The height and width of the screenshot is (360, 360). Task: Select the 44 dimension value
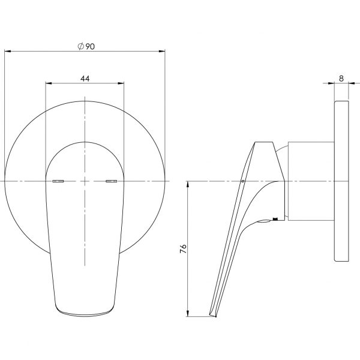tap(85, 79)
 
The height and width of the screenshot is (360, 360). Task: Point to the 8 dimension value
tap(341, 77)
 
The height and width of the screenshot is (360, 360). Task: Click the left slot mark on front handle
tap(58, 181)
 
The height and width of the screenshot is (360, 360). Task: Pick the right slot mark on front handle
tap(112, 181)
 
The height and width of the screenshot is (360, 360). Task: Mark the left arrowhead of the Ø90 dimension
tap(7, 52)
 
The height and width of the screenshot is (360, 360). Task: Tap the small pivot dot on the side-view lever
tap(242, 180)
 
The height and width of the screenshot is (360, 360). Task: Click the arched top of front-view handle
tap(85, 143)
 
